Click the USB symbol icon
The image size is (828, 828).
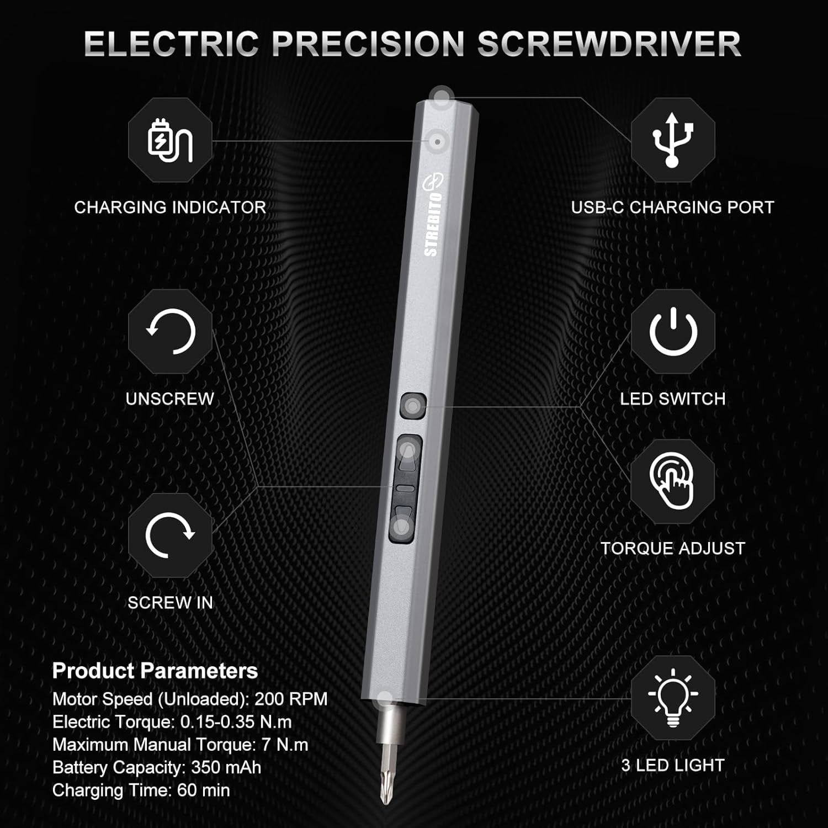(672, 140)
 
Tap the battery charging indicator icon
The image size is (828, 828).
(170, 140)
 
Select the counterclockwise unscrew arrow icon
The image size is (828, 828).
(170, 332)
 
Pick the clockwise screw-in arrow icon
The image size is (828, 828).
(170, 535)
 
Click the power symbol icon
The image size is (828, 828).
(672, 332)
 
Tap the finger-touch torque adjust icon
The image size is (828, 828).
(672, 481)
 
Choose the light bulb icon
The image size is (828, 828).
(672, 697)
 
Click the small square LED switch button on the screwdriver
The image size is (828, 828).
(412, 406)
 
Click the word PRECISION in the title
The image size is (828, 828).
(368, 44)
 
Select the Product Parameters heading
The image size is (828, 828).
(155, 671)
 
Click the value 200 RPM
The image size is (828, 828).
(291, 699)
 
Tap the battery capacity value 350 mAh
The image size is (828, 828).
(226, 767)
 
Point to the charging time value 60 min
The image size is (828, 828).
(203, 790)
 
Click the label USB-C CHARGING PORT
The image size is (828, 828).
(672, 208)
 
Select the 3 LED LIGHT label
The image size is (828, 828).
(672, 766)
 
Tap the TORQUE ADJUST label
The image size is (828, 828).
(672, 549)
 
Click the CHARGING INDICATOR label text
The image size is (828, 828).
(170, 208)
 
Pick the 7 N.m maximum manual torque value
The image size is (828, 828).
(285, 745)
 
